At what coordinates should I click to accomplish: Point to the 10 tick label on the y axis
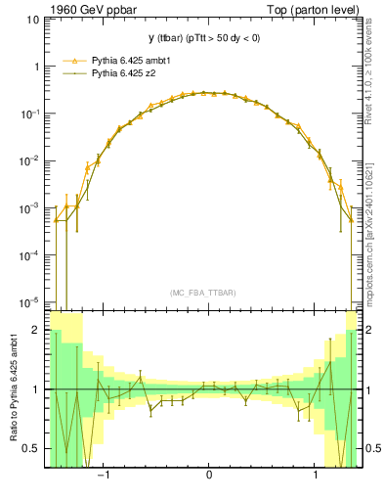pyautogui.click(x=35, y=22)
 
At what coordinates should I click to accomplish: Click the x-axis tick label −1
pyautogui.click(x=103, y=476)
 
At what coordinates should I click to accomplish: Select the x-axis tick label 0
pyautogui.click(x=209, y=476)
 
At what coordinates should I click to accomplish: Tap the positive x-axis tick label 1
pyautogui.click(x=316, y=476)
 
